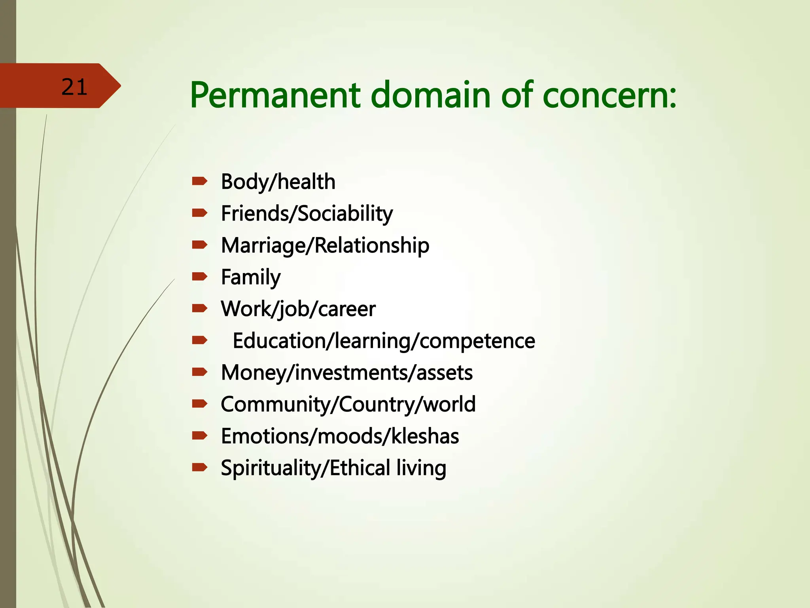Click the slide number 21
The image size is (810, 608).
74,87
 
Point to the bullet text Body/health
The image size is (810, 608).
278,182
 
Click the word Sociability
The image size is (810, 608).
345,214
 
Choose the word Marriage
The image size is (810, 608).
263,245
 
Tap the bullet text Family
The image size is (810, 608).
251,277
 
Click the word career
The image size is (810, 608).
346,309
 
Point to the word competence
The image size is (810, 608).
477,341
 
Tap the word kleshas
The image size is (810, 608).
425,436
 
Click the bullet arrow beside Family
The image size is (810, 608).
200,276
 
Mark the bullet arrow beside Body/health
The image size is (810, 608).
200,181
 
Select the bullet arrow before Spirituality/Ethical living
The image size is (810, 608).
200,467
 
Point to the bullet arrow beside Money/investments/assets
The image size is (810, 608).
200,372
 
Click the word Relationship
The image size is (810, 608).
372,245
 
